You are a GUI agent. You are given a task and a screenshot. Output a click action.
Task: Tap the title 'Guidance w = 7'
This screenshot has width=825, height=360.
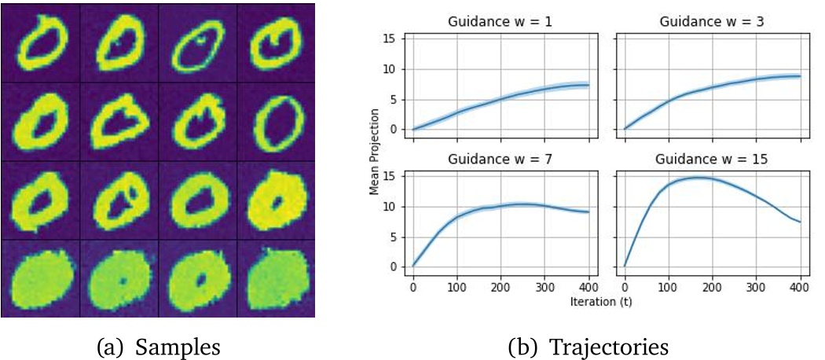pos(500,159)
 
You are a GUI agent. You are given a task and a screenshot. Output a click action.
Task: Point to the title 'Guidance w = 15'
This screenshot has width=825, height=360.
pos(712,159)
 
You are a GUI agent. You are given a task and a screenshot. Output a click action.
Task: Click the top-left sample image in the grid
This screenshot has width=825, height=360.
pos(40,43)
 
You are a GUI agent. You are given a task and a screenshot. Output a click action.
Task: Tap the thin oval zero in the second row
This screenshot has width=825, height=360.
pos(275,122)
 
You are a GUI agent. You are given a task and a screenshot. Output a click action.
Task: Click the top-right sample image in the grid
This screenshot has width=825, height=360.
pos(275,43)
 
